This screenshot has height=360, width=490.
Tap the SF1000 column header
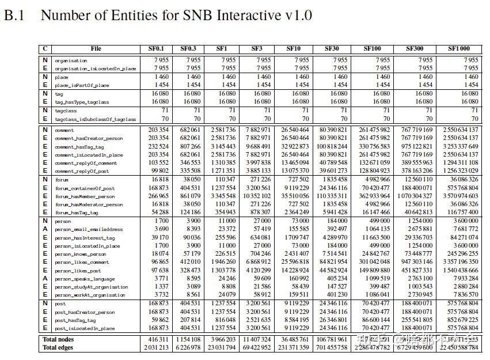[458, 49]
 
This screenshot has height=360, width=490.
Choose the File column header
[96, 49]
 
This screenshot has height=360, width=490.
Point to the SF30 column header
[332, 49]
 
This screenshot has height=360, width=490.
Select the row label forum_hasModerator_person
[89, 204]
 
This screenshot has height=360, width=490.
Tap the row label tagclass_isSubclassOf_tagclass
[95, 119]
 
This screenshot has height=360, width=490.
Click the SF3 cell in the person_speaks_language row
[260, 279]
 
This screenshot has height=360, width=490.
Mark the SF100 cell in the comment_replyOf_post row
[375, 171]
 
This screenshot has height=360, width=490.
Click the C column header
[45, 49]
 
